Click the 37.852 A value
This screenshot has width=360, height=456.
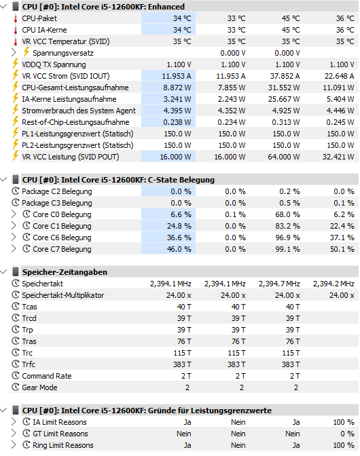(x=283, y=76)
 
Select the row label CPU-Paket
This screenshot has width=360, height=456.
(x=39, y=18)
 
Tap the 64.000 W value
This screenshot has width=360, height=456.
(x=283, y=157)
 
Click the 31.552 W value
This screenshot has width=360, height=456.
(x=283, y=88)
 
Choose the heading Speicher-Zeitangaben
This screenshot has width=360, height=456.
(x=65, y=272)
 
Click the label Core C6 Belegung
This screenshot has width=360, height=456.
(x=62, y=238)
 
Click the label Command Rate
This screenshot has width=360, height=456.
(x=48, y=376)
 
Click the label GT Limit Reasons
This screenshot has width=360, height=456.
(x=56, y=434)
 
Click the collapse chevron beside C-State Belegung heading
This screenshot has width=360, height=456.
(x=6, y=180)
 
